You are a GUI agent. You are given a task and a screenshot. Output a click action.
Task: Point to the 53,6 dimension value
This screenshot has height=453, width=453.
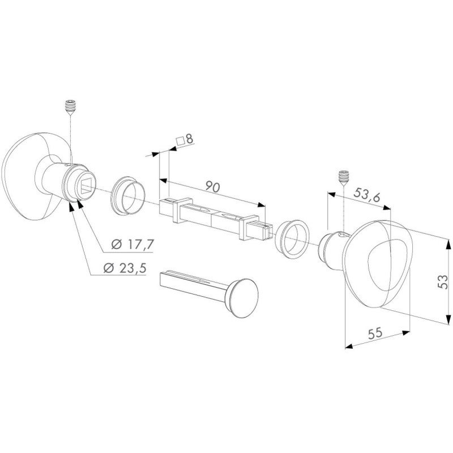pyautogui.click(x=367, y=195)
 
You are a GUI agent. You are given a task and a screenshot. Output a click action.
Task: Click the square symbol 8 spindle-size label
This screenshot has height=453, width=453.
pyautogui.click(x=186, y=139)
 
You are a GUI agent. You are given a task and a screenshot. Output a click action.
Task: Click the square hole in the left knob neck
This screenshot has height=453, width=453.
pyautogui.click(x=86, y=183)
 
